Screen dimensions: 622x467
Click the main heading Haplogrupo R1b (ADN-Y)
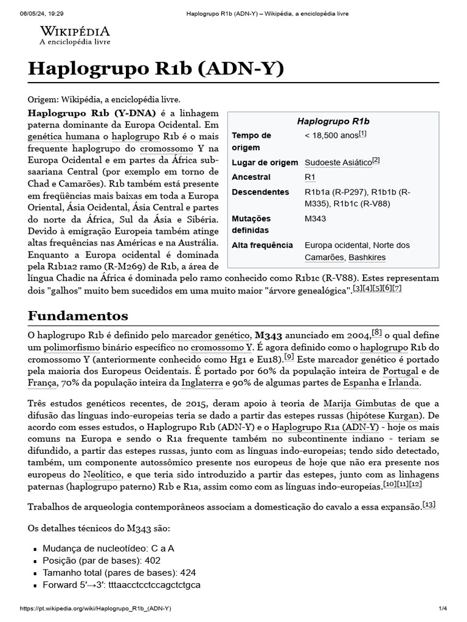tap(156, 69)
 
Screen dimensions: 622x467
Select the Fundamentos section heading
tap(78, 315)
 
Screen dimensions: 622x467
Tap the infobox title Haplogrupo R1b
tap(333, 121)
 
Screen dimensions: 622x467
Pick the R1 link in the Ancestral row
tap(310, 177)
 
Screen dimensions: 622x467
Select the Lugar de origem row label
tap(265, 162)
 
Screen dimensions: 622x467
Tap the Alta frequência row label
tap(262, 245)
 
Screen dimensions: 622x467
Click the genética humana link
tap(61, 137)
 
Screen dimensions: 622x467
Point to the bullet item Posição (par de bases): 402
tap(102, 560)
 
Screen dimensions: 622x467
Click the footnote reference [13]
tap(429, 505)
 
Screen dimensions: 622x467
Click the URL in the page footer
tap(95, 608)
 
